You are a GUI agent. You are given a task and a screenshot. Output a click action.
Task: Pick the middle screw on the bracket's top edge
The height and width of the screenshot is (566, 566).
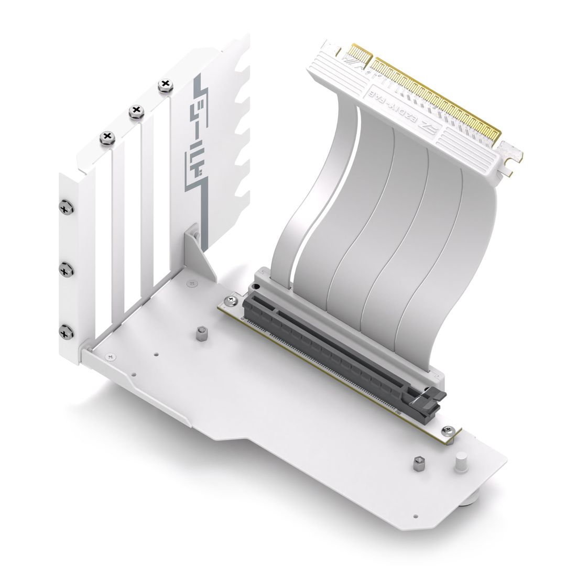pyautogui.click(x=136, y=110)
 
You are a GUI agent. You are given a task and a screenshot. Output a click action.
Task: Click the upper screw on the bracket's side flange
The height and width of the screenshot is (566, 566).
pyautogui.click(x=67, y=208)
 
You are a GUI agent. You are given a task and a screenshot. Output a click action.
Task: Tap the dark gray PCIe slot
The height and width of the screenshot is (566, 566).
pyautogui.click(x=335, y=346)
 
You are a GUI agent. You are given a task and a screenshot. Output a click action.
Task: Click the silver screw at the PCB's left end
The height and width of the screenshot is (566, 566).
pyautogui.click(x=231, y=301)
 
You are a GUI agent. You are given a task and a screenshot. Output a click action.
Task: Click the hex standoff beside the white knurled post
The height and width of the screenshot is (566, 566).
pyautogui.click(x=418, y=463)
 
